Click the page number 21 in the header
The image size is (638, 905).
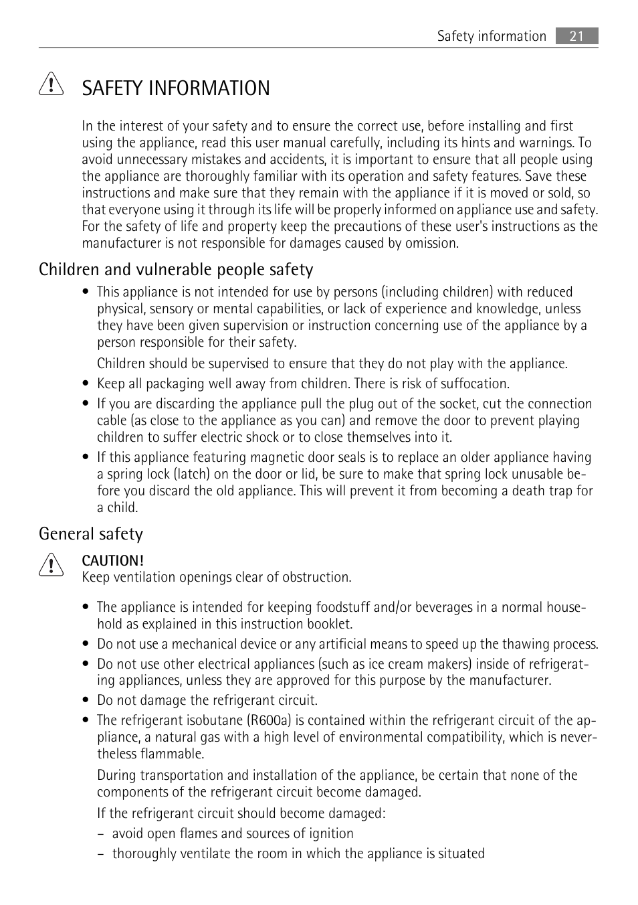pyautogui.click(x=576, y=36)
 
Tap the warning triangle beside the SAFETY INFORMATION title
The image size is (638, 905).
pyautogui.click(x=51, y=86)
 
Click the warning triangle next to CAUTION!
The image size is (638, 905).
pyautogui.click(x=51, y=566)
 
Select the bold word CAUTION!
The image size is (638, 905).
pyautogui.click(x=112, y=560)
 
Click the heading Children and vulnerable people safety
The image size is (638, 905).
pyautogui.click(x=176, y=269)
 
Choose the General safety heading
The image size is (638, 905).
pyautogui.click(x=91, y=533)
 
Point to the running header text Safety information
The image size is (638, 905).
pyautogui.click(x=492, y=36)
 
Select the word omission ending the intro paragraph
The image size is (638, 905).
pyautogui.click(x=431, y=243)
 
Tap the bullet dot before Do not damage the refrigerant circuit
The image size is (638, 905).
pyautogui.click(x=86, y=701)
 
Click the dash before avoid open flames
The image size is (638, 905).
pyautogui.click(x=101, y=834)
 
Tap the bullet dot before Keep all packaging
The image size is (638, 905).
pyautogui.click(x=86, y=384)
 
